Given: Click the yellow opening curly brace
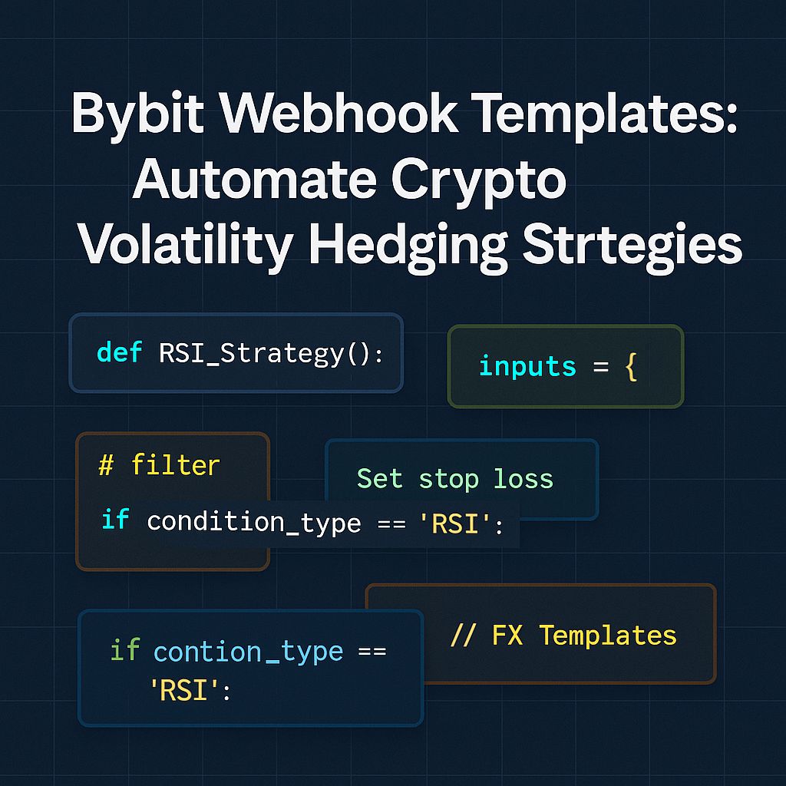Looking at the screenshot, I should point(631,367).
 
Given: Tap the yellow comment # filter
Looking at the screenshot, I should point(159,465).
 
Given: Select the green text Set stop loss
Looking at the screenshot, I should point(454,479).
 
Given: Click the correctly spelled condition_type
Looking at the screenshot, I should point(253,522).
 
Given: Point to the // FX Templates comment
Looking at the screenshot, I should point(563,636).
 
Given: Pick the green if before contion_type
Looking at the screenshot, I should point(124,650).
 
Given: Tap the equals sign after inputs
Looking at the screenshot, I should point(599,367).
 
